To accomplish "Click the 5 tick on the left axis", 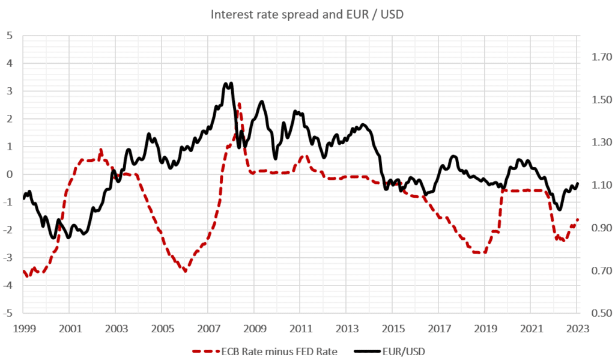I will tap(9, 35).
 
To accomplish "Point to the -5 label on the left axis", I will tap(7, 313).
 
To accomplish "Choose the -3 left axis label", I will tap(7, 258).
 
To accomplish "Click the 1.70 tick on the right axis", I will tap(601, 58).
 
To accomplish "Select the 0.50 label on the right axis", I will tap(601, 313).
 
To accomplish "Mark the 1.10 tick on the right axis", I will tap(601, 185).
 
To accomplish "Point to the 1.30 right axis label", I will tap(601, 143).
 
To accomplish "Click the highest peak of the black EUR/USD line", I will tap(231, 84).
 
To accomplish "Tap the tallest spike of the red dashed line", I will tap(238, 103).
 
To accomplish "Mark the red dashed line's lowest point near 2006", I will tap(185, 271).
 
